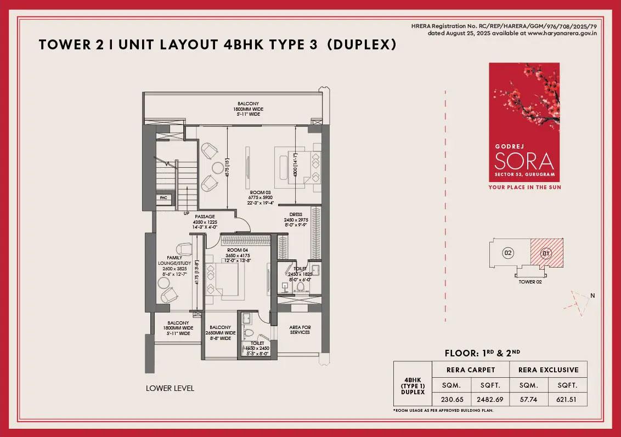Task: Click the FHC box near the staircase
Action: click(x=163, y=197)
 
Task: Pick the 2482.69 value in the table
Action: click(x=490, y=399)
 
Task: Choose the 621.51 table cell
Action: click(x=568, y=399)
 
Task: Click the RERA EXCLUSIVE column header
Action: click(x=549, y=369)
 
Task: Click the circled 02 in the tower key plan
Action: click(x=508, y=253)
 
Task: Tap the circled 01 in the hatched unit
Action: click(x=545, y=253)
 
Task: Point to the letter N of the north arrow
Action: click(x=592, y=296)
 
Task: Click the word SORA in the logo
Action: click(x=524, y=161)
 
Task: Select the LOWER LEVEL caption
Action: click(x=170, y=388)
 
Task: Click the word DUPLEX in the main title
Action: click(x=362, y=45)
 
